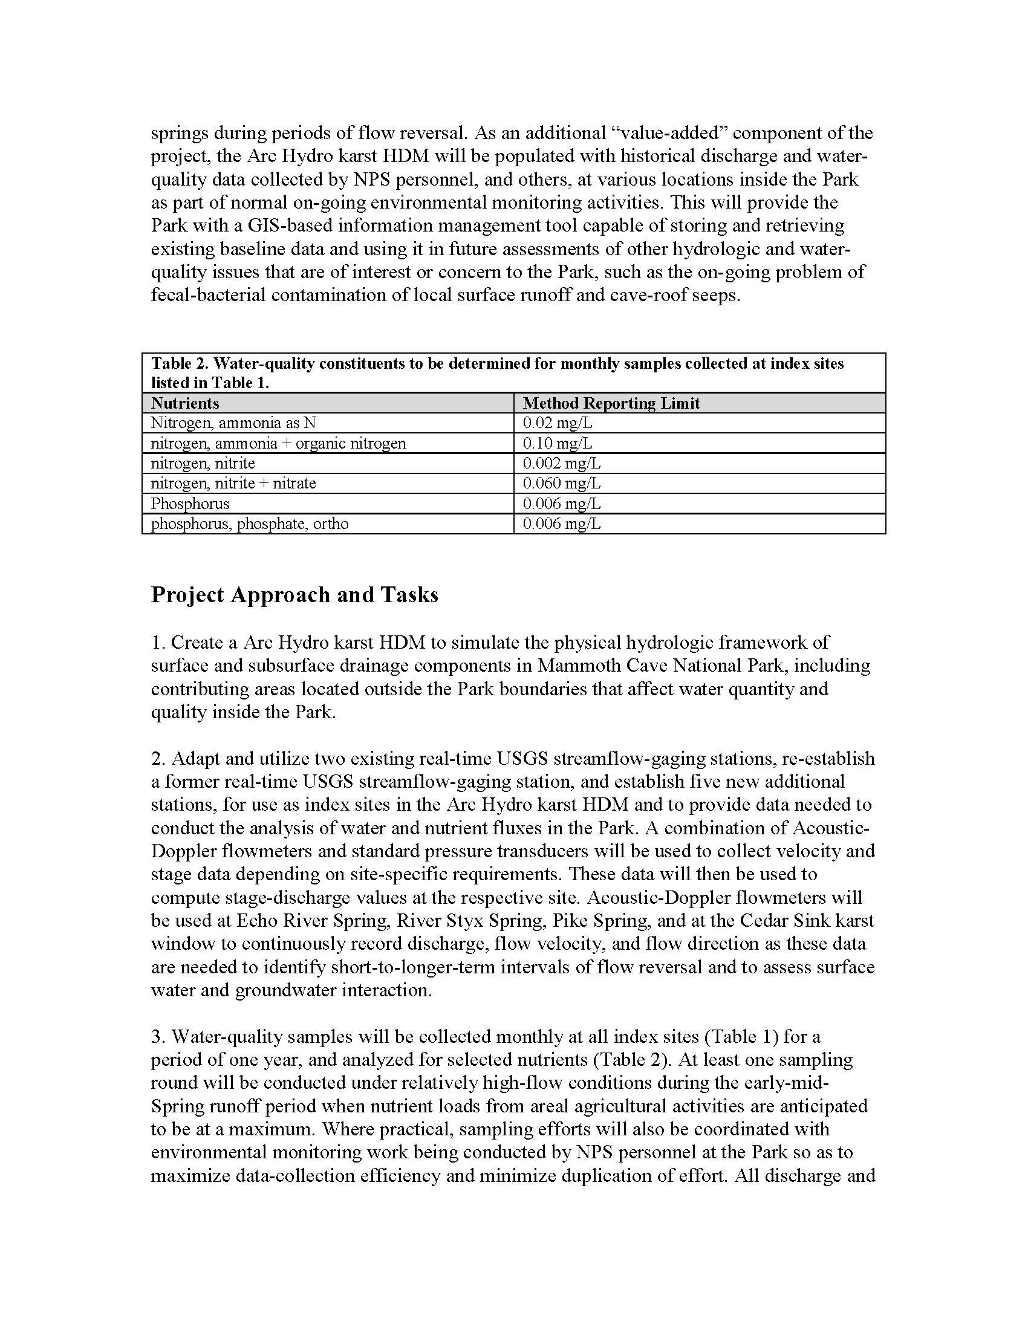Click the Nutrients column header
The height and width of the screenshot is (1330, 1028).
185,403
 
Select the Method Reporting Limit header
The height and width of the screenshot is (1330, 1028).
611,403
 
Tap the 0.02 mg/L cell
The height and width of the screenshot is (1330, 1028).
558,423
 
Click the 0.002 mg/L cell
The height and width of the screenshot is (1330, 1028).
562,464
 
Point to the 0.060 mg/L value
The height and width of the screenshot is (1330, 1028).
562,484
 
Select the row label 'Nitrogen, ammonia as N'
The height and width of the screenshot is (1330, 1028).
233,423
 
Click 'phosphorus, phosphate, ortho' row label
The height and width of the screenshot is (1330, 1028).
250,524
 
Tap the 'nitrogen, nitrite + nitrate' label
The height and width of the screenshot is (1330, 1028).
233,484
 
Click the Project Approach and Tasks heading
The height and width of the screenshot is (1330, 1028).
294,595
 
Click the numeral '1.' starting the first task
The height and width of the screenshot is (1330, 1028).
158,643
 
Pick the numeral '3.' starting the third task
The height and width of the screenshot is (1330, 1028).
158,1036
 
